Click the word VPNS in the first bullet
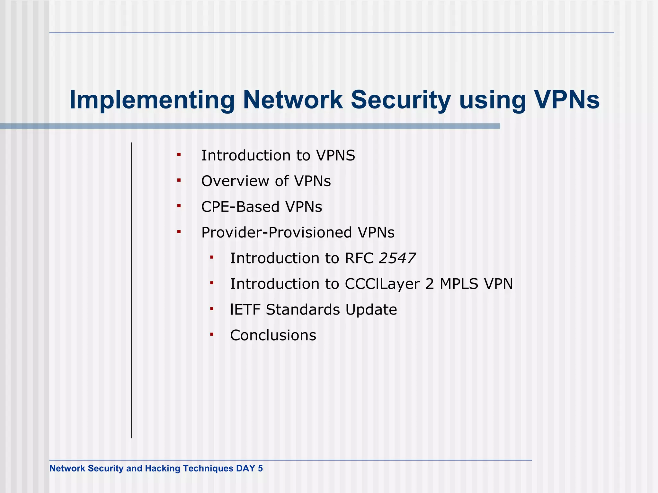point(335,156)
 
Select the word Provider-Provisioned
point(277,233)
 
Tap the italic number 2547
point(397,258)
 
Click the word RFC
point(359,258)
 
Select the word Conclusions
point(273,335)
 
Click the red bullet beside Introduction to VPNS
point(179,155)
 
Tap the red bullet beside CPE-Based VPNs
point(179,206)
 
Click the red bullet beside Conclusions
point(212,334)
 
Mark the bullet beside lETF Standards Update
point(212,309)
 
